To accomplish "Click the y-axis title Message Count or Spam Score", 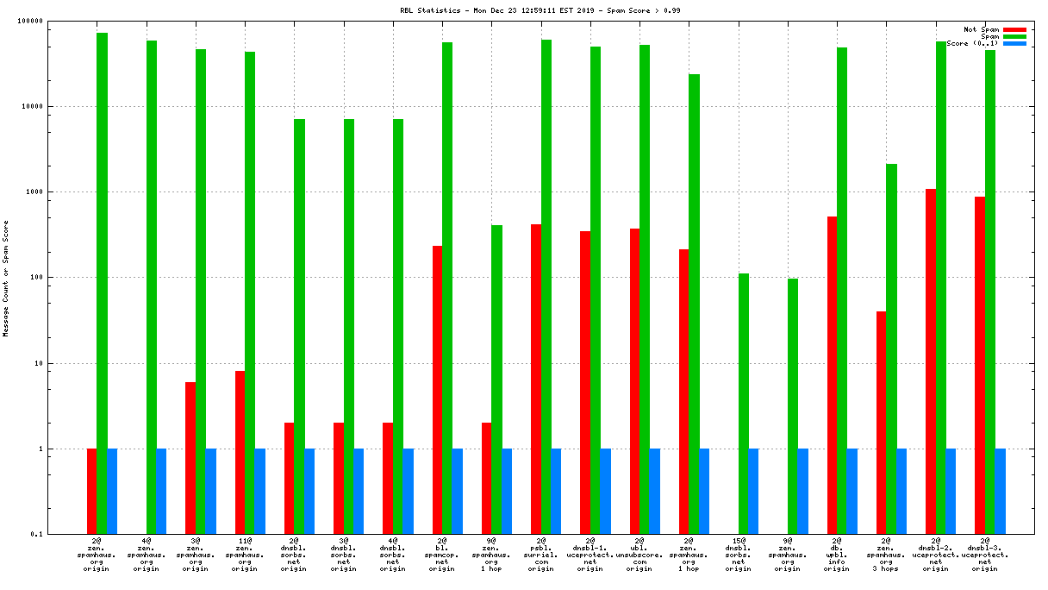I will click(x=7, y=278).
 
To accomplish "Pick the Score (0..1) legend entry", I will click(x=974, y=43).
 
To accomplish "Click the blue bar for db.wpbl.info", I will click(x=851, y=492).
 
